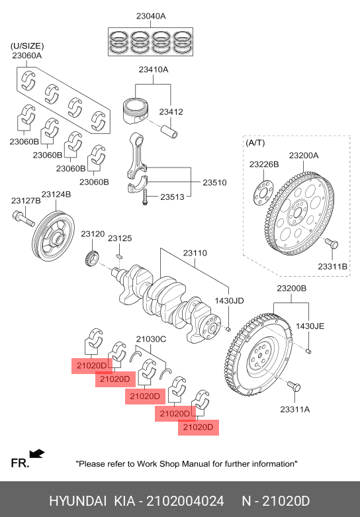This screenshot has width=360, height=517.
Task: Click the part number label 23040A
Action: coord(151,16)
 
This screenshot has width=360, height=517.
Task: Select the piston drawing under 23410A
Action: coord(136,109)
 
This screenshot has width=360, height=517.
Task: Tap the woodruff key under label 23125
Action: coord(120,256)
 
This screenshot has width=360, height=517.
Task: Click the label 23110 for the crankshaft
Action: coord(195,253)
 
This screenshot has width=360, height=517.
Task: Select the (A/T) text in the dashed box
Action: coord(255,143)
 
